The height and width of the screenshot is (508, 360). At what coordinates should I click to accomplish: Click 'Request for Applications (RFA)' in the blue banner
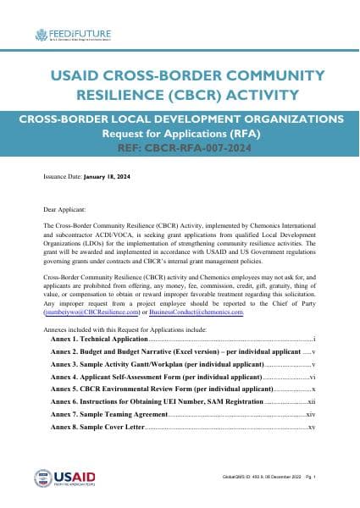pyautogui.click(x=180, y=133)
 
